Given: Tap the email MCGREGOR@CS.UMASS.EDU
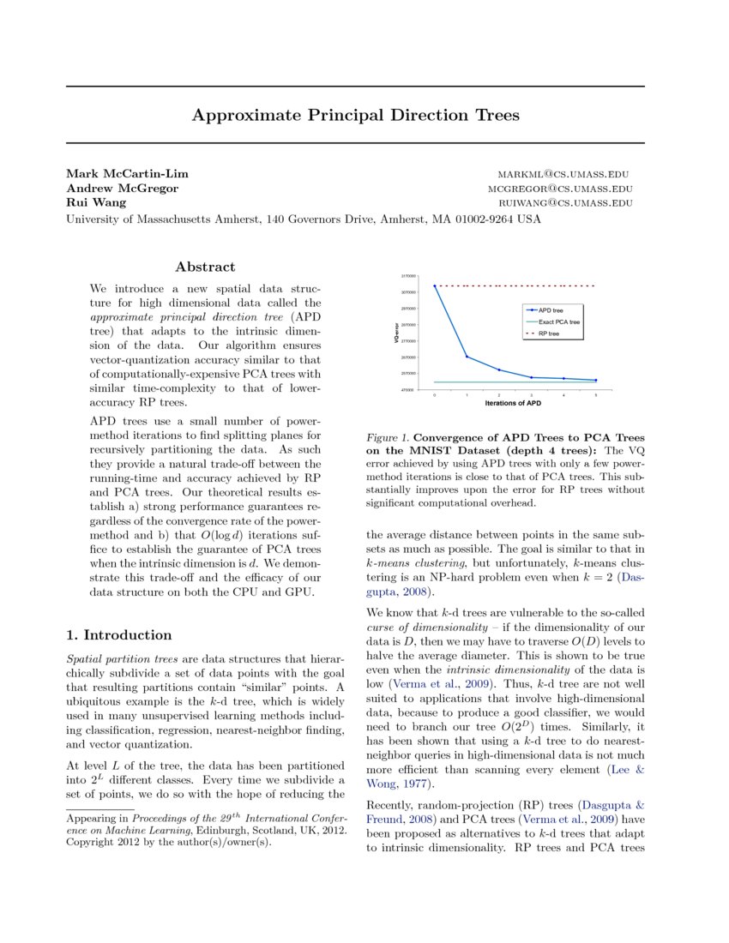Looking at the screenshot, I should [x=560, y=189].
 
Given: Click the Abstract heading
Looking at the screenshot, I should [x=205, y=267].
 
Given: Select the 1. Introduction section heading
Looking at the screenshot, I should [x=119, y=635].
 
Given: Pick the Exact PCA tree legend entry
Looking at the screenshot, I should [x=559, y=321].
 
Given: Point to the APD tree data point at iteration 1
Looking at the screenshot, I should [x=467, y=357].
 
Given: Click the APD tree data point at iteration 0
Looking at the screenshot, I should [x=435, y=285].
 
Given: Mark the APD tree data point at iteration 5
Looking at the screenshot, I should [x=595, y=380].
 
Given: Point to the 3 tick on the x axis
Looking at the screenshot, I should [x=531, y=394].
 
